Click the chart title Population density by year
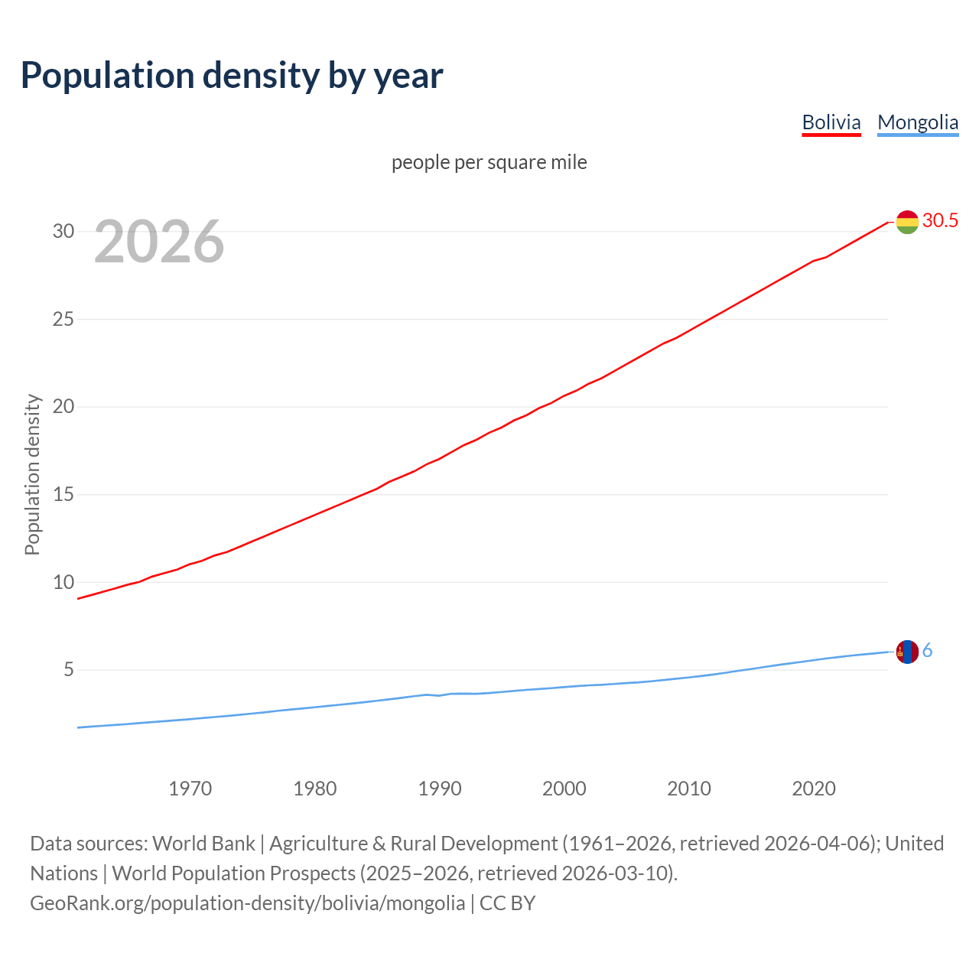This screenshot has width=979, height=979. coord(232,75)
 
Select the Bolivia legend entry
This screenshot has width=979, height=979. coord(831,122)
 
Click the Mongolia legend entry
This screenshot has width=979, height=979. coord(918,122)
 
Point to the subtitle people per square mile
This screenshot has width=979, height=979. coord(489,162)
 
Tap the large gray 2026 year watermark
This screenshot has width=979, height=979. coord(159,242)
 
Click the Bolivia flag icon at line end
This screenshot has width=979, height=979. coord(907,222)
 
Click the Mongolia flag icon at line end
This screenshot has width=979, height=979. coord(907,652)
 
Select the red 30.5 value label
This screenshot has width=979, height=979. coord(940,220)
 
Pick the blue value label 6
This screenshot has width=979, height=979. coord(928,651)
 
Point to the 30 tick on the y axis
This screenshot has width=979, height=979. coord(63,231)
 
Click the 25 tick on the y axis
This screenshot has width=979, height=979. coord(63,319)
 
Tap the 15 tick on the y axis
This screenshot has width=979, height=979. coord(63,495)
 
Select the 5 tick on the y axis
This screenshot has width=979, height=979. coord(69,670)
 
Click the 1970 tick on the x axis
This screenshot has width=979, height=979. coord(190,789)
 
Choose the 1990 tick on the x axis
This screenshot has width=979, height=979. coord(440,789)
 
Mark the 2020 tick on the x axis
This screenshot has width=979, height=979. coord(814,789)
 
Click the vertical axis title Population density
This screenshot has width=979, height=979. coord(32,474)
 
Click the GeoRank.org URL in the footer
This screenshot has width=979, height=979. coord(247,903)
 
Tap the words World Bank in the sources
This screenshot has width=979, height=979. coord(203,844)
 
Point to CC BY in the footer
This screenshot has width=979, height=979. coord(508,903)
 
